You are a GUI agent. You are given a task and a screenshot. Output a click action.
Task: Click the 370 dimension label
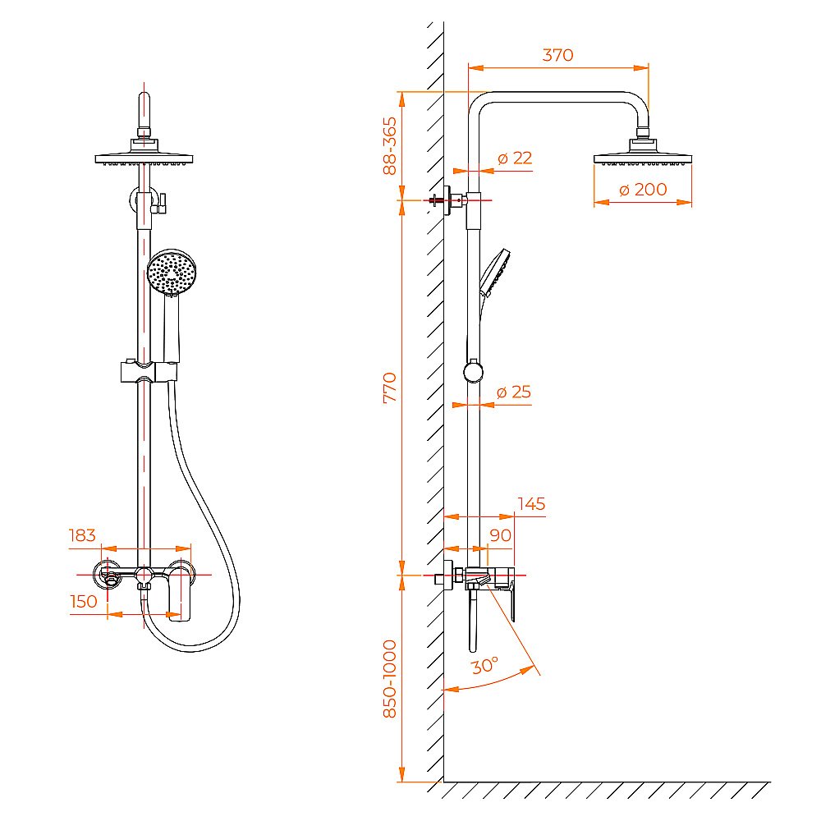[557, 55]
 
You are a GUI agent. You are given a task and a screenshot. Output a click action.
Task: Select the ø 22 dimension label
[515, 158]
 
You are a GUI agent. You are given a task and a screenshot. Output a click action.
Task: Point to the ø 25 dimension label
[514, 392]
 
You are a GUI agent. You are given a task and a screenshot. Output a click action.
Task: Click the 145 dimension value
[531, 503]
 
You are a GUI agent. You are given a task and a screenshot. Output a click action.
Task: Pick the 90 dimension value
[500, 534]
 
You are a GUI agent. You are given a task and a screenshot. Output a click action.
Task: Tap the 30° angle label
[484, 666]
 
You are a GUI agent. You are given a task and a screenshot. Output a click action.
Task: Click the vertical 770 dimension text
[390, 387]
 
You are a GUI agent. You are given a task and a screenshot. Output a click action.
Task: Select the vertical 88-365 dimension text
[390, 146]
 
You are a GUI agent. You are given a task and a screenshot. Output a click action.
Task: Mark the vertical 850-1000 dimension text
[390, 679]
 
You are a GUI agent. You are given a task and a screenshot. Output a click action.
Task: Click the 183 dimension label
[82, 535]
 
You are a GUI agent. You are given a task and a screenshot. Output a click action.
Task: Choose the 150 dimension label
[84, 601]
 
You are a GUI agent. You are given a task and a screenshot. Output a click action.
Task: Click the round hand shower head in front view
[172, 273]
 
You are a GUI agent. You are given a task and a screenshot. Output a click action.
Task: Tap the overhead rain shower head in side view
[642, 156]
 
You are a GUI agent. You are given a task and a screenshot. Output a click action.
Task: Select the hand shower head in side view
[494, 271]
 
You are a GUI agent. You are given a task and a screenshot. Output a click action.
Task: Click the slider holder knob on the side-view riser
[473, 373]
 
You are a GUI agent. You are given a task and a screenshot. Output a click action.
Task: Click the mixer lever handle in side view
[511, 600]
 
